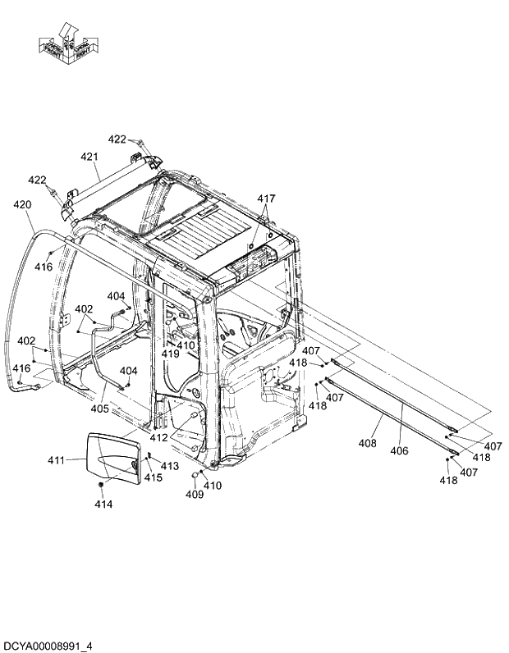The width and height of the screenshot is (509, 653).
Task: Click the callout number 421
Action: pos(89,157)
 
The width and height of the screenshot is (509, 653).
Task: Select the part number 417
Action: pos(267,199)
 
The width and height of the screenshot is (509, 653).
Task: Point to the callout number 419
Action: pos(170,354)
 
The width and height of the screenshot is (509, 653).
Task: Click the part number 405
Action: pos(99,409)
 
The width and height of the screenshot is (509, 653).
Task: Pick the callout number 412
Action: pos(158,438)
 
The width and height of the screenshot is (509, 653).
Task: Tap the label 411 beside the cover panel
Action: pos(56,460)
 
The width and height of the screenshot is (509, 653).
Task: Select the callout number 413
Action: pos(169,466)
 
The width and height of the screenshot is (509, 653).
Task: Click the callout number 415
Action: pos(154,477)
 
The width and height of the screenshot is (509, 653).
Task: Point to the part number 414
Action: pos(103,504)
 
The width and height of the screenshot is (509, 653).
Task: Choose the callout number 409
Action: pos(194,495)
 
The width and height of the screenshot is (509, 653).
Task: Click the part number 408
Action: pos(368,443)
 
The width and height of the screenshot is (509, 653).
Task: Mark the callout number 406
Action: pos(399,450)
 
